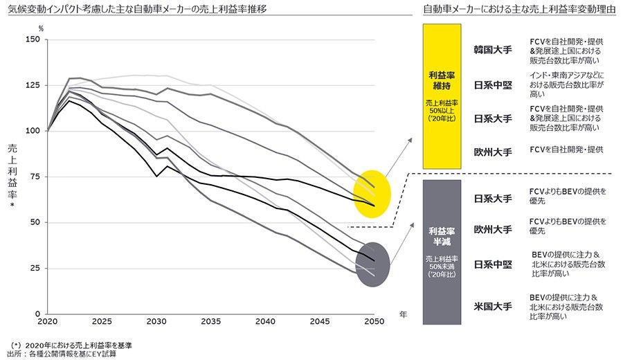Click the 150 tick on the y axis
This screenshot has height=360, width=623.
point(33,39)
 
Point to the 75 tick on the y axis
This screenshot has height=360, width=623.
point(35,177)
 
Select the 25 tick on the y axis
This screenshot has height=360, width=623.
point(35,268)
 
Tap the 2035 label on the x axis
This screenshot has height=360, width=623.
point(212,322)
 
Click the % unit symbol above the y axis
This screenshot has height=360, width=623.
point(41,28)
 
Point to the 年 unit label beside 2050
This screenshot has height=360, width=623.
point(404,314)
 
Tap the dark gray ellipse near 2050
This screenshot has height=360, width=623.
point(372,264)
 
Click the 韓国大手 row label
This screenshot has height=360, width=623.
point(492,51)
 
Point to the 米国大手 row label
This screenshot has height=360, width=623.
point(492,305)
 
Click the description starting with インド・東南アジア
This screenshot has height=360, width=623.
point(566,84)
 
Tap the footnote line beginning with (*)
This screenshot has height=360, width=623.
point(72,344)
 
